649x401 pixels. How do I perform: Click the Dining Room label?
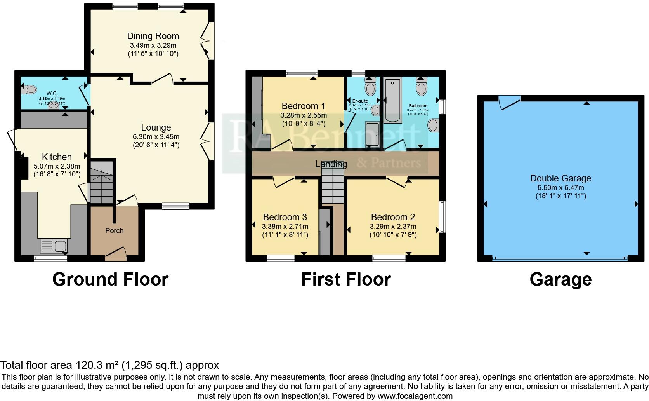pyautogui.click(x=153, y=36)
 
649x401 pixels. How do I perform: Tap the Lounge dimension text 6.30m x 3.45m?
pyautogui.click(x=156, y=137)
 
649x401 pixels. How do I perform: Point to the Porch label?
pyautogui.click(x=114, y=231)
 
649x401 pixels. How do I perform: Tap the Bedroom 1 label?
pyautogui.click(x=303, y=106)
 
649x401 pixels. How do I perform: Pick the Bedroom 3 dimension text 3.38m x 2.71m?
pyautogui.click(x=285, y=227)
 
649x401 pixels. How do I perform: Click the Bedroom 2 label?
pyautogui.click(x=393, y=217)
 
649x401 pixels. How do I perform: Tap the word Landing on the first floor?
pyautogui.click(x=331, y=164)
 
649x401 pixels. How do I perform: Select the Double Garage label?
pyautogui.click(x=560, y=178)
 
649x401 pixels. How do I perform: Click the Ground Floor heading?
pyautogui.click(x=110, y=279)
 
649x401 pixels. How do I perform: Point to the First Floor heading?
pyautogui.click(x=346, y=279)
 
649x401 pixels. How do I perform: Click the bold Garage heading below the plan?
pyautogui.click(x=560, y=279)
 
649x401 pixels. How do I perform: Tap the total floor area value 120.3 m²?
pyautogui.click(x=96, y=365)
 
